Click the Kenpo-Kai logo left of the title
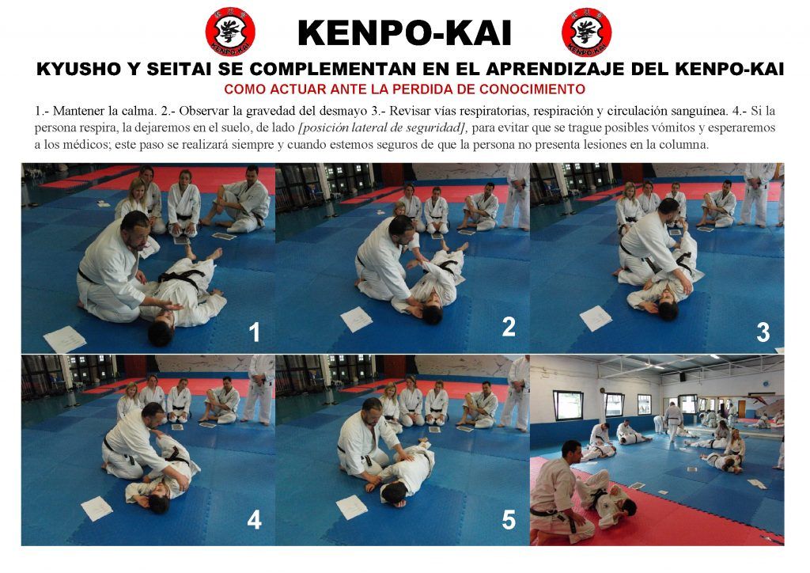point(230,32)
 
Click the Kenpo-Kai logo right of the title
point(587,32)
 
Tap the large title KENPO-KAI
point(404,33)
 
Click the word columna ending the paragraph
point(687,144)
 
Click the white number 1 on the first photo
point(254,332)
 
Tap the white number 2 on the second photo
point(509,327)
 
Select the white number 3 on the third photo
point(763,332)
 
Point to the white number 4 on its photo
point(254,519)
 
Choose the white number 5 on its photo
point(509,520)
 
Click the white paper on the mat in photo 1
point(65,340)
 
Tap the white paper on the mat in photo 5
point(352,507)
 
